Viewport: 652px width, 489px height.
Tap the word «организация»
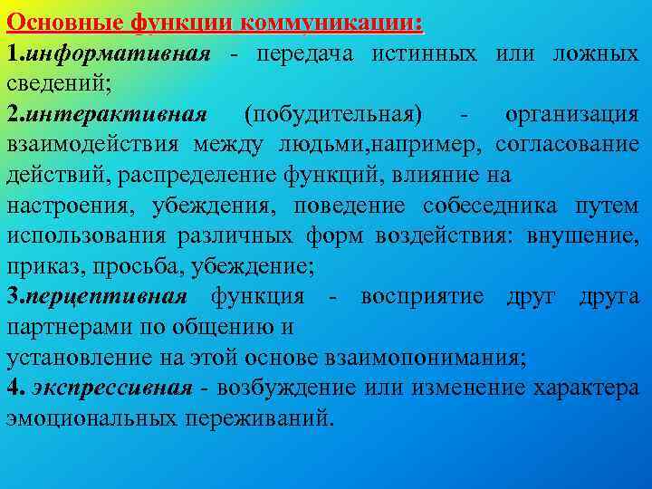coord(572,115)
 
